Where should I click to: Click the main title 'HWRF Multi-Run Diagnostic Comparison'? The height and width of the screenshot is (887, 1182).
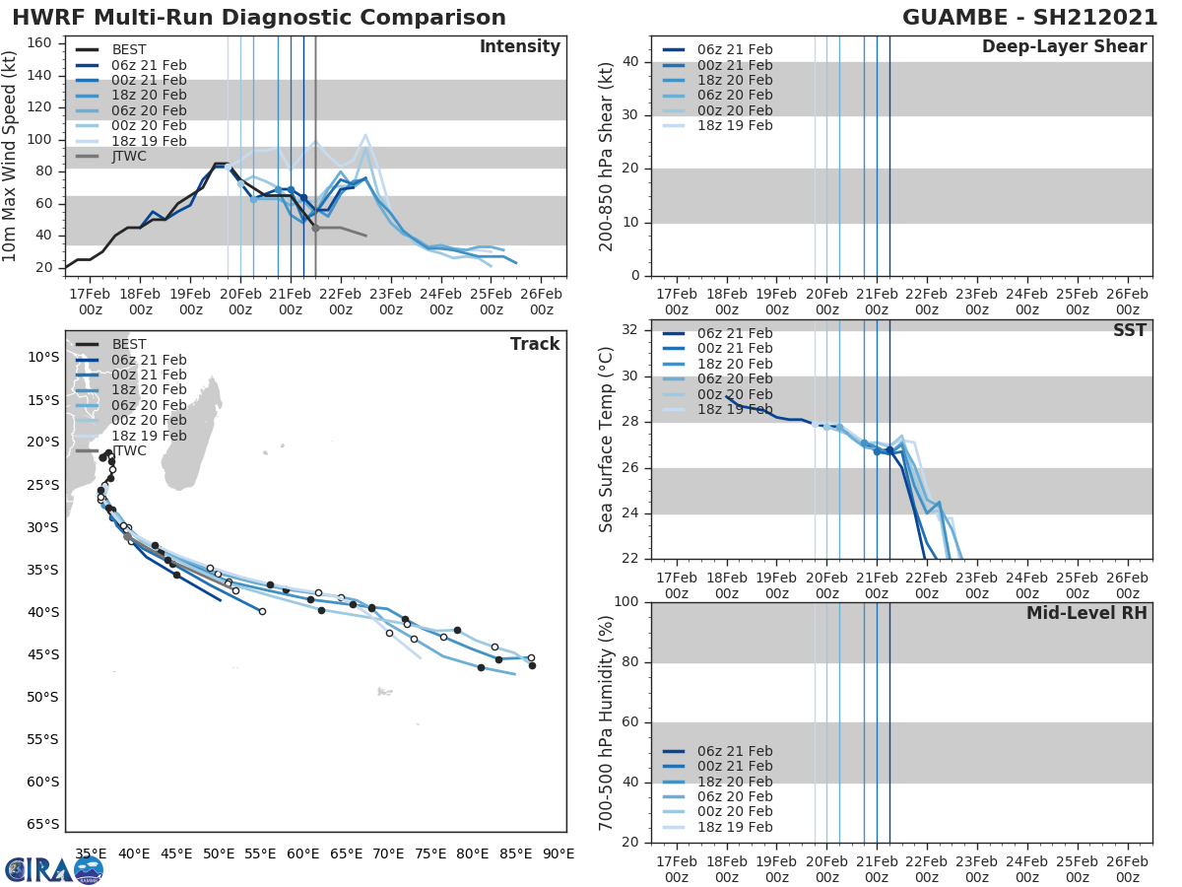(x=259, y=18)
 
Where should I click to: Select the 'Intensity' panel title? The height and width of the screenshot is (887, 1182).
(x=519, y=47)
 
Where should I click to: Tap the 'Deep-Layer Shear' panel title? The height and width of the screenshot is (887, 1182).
(x=1064, y=47)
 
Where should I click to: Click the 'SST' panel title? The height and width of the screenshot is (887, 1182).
(x=1129, y=330)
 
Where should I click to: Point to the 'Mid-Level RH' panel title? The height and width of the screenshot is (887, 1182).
(x=1085, y=613)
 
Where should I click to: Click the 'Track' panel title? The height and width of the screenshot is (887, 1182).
(x=535, y=344)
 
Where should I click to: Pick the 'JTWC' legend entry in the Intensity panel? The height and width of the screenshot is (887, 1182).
(x=129, y=157)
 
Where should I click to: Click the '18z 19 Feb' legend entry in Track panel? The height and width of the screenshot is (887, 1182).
(x=149, y=436)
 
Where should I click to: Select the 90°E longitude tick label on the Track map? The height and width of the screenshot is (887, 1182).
(x=558, y=854)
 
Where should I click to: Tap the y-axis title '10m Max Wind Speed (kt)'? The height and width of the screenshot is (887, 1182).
(x=11, y=154)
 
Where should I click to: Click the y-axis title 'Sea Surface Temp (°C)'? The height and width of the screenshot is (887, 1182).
(x=607, y=440)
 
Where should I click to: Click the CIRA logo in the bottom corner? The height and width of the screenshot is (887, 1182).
(x=54, y=869)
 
